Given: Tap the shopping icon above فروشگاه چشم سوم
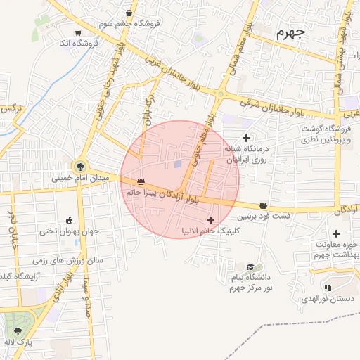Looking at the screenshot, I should (129, 13).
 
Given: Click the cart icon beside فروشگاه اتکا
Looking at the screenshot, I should (78, 32).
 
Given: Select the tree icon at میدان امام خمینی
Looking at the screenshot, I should (82, 167).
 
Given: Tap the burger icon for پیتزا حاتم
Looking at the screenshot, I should (141, 181).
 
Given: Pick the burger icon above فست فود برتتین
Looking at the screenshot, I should (263, 205).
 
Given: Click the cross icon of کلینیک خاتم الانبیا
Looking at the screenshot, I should (210, 221).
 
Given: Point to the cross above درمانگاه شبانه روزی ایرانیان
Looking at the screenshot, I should (245, 137).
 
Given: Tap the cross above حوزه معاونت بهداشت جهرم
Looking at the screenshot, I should (336, 233).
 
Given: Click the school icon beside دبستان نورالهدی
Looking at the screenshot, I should (328, 287).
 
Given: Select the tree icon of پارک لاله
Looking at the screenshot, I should (18, 331).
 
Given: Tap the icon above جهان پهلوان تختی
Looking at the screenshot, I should (68, 220).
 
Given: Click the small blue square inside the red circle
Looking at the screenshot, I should (178, 165).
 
